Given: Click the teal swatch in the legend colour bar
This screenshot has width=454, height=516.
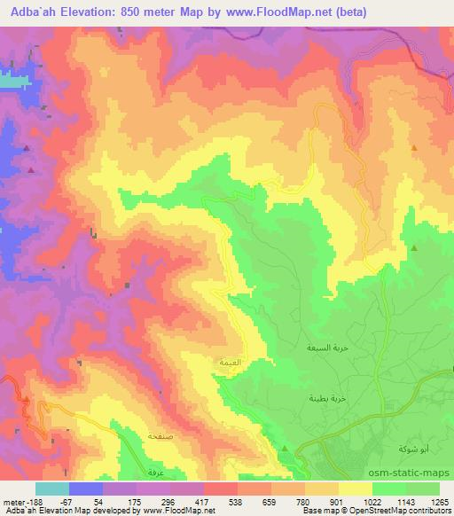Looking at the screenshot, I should pos(52,488).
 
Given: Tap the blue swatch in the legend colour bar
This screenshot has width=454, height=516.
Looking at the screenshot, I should pos(86,488).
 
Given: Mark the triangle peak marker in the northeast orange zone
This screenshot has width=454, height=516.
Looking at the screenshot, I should pos(414,147).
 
